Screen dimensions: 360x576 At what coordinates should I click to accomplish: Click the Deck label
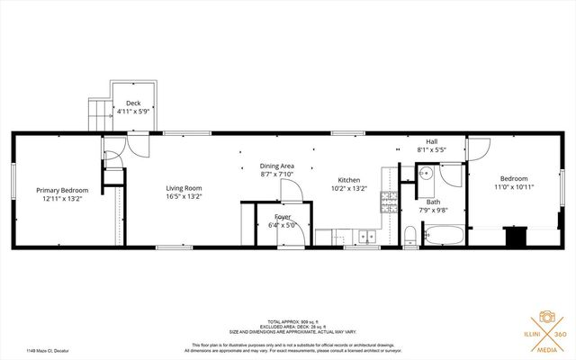coord(133,103)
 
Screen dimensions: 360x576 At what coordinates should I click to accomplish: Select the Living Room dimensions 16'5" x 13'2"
coord(184,197)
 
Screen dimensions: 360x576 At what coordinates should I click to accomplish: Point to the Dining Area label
coord(277,166)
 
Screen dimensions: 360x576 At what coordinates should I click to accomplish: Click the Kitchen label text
coord(349,179)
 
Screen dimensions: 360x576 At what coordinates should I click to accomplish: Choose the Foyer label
coord(283,217)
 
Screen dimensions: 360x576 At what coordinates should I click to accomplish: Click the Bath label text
coord(434,202)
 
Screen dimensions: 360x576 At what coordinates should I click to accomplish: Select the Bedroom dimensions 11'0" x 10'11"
coord(515,188)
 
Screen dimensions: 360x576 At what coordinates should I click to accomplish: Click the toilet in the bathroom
coord(409,237)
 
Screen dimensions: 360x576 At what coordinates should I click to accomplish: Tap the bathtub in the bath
coord(443,237)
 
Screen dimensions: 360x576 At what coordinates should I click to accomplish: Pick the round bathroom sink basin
coord(426,175)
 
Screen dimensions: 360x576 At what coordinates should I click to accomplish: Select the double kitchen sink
coord(367,238)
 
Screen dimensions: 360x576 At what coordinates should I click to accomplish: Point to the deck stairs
coord(97,112)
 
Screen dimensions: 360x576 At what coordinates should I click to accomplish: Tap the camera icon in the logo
coord(545,318)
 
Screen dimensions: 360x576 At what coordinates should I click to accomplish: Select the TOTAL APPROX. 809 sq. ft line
coord(288,321)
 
